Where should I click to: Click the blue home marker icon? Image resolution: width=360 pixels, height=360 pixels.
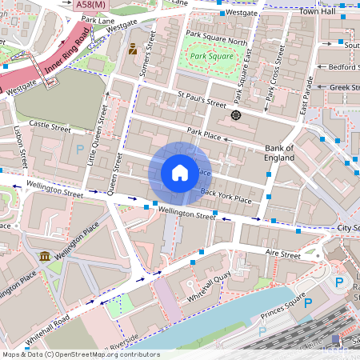180,173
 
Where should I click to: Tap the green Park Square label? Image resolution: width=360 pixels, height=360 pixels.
210,57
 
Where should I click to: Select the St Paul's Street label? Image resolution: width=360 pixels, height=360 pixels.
204,102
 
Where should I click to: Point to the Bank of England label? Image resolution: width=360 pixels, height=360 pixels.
279,153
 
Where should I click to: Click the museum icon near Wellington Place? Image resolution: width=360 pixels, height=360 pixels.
43,256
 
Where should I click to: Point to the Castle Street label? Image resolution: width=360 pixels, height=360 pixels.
45,125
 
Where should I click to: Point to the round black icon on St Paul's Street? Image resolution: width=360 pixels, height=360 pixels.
236,116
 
